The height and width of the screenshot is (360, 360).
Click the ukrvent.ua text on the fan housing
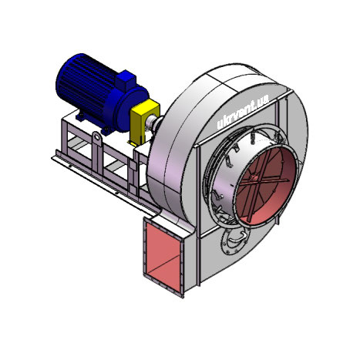[243, 112]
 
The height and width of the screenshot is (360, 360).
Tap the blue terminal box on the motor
[126, 80]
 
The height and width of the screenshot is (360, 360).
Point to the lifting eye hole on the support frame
[96, 138]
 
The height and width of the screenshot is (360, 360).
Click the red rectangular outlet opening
[163, 258]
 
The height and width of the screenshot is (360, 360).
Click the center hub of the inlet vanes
[254, 177]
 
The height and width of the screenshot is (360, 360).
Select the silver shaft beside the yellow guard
[153, 123]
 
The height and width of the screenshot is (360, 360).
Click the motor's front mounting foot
[106, 130]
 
